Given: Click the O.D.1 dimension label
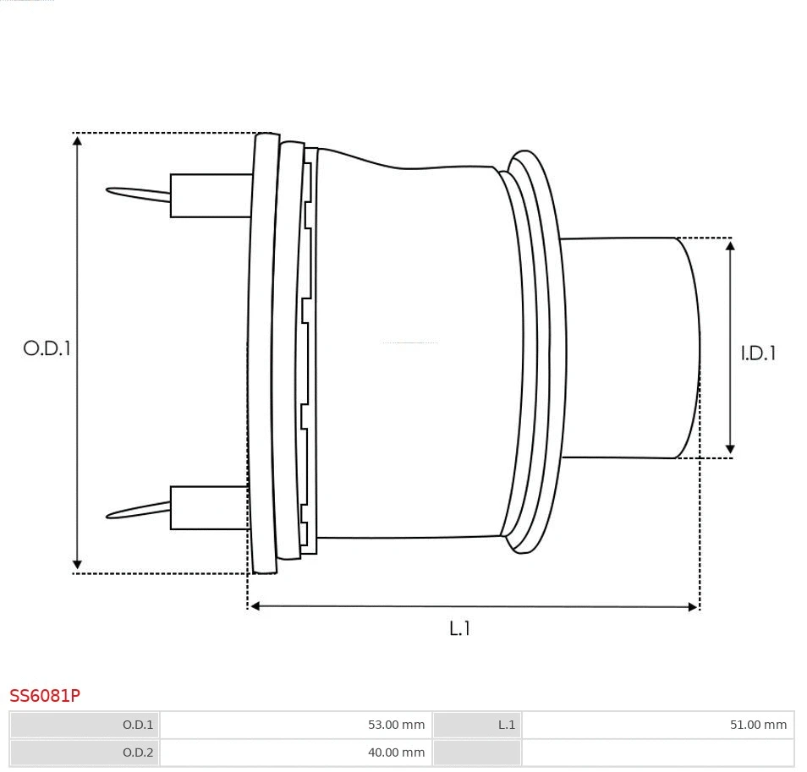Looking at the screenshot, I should tap(47, 348).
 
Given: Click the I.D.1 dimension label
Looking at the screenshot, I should tap(758, 353).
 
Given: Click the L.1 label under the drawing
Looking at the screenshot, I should tap(459, 628).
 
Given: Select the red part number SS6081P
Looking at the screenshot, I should tap(45, 696).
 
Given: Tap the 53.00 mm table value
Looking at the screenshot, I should tap(396, 725).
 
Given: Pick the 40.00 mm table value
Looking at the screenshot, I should tap(396, 753).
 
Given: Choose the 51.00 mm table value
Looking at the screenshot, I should tap(758, 725).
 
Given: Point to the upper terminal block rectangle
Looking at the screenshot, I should tap(211, 195).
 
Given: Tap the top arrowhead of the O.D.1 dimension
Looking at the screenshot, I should tap(77, 140).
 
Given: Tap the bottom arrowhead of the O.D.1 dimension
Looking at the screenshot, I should tap(77, 564).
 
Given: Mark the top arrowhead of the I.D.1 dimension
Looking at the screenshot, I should tap(730, 245).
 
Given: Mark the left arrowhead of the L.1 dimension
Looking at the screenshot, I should tap(255, 605).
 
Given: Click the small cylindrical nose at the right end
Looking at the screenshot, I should tap(630, 348).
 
